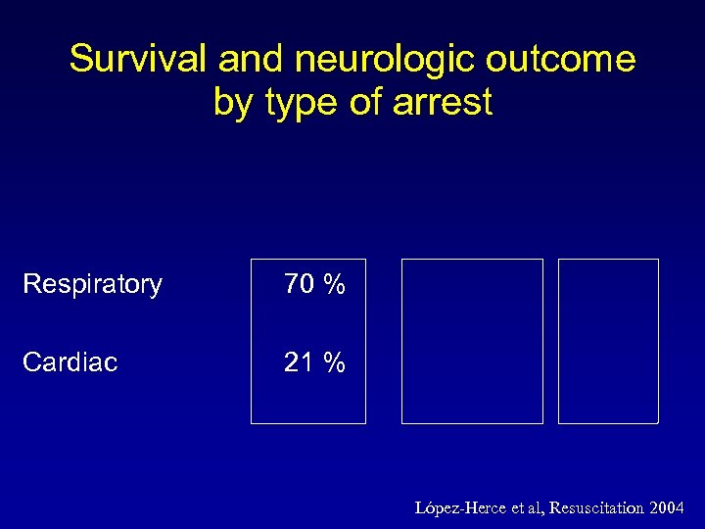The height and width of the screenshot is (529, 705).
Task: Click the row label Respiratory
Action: (92, 285)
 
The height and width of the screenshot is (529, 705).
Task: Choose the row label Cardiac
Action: (70, 362)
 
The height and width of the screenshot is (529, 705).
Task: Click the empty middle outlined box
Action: (472, 341)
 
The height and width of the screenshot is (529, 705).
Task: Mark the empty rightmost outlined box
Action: (608, 341)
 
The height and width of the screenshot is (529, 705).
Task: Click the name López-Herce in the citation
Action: (459, 507)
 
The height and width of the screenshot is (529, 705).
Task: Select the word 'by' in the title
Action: (232, 102)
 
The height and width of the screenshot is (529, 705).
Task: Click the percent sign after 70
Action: (335, 285)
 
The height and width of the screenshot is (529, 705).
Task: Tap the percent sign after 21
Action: (335, 362)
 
